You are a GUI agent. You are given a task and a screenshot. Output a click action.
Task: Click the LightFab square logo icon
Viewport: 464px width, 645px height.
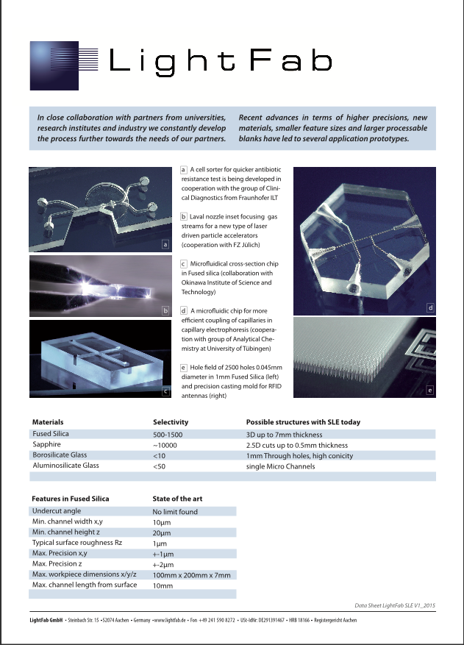click(x=63, y=65)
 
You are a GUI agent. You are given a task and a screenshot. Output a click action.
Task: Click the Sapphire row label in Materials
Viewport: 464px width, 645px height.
click(x=49, y=445)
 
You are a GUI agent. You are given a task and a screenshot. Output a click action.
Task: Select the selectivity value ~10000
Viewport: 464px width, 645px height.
click(x=166, y=445)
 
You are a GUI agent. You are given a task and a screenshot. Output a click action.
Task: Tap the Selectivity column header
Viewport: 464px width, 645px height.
click(x=171, y=422)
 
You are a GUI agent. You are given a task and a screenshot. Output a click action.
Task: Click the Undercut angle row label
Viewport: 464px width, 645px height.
click(x=57, y=510)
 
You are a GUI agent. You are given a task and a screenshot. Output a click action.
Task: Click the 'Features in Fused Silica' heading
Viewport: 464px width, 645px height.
click(x=71, y=499)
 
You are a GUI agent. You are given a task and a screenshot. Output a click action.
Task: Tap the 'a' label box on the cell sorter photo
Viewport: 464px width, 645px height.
click(x=165, y=245)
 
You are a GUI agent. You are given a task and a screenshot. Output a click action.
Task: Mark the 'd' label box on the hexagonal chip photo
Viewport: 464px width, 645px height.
click(x=430, y=307)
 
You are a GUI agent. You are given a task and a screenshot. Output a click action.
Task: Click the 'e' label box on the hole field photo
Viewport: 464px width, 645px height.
click(x=429, y=390)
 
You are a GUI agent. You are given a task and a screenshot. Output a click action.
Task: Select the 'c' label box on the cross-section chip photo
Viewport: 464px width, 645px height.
click(x=165, y=391)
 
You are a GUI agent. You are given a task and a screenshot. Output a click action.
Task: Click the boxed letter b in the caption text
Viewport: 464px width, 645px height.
click(x=183, y=218)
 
